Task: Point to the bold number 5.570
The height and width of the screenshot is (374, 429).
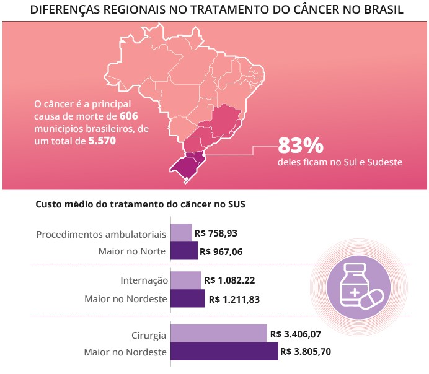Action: click(x=102, y=141)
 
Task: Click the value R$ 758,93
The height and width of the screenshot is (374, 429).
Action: click(x=216, y=233)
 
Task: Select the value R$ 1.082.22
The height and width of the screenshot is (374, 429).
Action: click(x=229, y=280)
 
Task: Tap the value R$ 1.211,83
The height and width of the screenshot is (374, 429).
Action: click(x=234, y=298)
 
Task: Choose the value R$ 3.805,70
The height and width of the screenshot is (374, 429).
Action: click(x=306, y=351)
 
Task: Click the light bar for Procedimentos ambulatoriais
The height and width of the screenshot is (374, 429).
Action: click(x=181, y=233)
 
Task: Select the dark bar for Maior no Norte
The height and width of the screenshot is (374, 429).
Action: click(x=184, y=251)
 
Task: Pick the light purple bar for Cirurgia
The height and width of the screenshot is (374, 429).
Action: click(x=218, y=334)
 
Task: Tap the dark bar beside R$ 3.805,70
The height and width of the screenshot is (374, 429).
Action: click(x=224, y=351)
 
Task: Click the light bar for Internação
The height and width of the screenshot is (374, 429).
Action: click(x=185, y=280)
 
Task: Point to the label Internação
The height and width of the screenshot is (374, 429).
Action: click(x=144, y=280)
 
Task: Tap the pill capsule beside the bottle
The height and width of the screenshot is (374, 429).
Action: click(x=373, y=301)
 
